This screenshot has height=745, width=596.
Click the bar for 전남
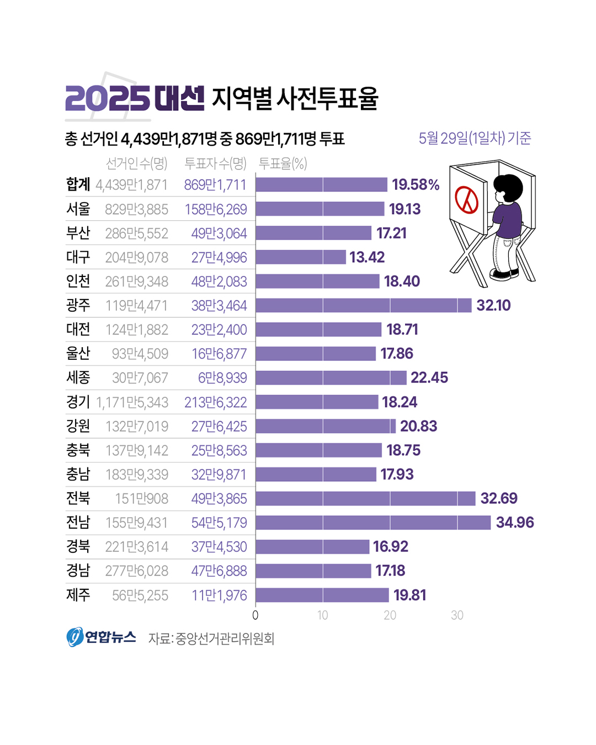373,523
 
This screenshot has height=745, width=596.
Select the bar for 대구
301,257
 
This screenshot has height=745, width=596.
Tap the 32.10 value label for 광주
493,305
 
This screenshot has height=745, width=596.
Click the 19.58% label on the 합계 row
416,184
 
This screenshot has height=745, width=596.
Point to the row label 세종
78,377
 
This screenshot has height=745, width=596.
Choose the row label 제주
78,595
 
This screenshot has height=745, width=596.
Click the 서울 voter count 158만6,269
216,209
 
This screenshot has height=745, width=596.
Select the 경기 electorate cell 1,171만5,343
132,402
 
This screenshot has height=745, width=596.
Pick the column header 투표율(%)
283,163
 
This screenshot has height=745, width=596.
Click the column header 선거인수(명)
136,163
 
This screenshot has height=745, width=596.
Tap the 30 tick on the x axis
457,615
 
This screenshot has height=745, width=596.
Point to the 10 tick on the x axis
322,615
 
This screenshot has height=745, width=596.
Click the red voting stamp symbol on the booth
467,200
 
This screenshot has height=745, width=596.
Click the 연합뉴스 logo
102,637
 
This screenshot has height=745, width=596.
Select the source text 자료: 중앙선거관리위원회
211,638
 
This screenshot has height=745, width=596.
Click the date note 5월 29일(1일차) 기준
475,138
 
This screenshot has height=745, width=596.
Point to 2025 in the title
107,99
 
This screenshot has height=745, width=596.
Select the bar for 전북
365,498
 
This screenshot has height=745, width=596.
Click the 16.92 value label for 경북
390,546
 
